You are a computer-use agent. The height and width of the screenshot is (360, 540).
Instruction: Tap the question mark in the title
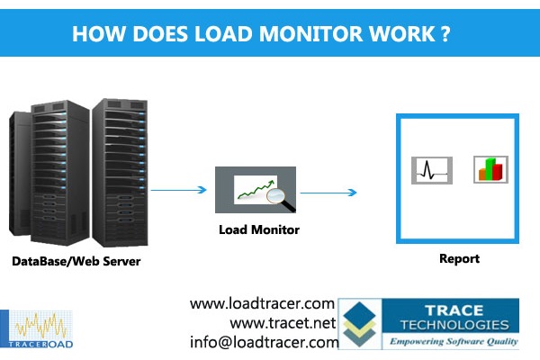pyautogui.click(x=444, y=34)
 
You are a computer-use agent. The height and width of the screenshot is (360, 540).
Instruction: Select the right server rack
pyautogui.click(x=116, y=171)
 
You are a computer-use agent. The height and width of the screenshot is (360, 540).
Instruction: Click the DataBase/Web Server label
pyautogui.click(x=76, y=262)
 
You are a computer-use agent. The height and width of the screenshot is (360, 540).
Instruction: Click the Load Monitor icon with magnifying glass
pyautogui.click(x=256, y=189)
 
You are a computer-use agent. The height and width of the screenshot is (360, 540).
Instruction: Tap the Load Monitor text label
pyautogui.click(x=259, y=229)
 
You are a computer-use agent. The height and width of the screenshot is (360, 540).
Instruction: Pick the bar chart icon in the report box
pyautogui.click(x=490, y=168)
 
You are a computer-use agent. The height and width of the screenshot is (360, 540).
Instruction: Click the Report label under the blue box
pyautogui.click(x=459, y=259)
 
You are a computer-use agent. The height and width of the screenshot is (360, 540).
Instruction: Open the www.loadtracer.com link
pyautogui.click(x=262, y=304)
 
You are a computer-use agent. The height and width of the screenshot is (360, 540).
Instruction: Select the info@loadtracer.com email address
pyautogui.click(x=264, y=342)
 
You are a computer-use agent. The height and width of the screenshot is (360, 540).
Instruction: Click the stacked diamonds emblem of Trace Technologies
pyautogui.click(x=361, y=325)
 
